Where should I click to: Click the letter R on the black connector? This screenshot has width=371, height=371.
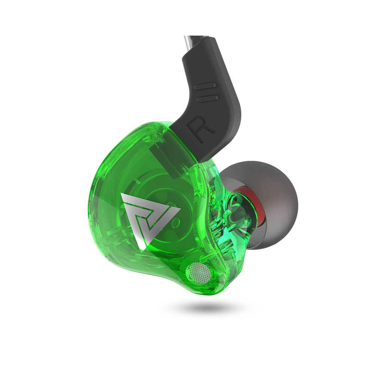pyautogui.click(x=201, y=131)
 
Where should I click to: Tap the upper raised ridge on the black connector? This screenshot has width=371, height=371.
pyautogui.click(x=205, y=86)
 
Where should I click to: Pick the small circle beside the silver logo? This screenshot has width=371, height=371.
pyautogui.click(x=176, y=222)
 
